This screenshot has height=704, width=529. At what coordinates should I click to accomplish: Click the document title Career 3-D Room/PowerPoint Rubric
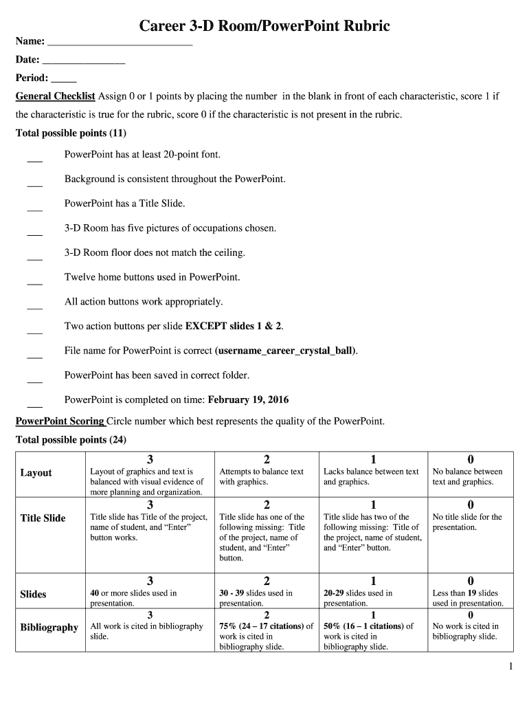point(264,26)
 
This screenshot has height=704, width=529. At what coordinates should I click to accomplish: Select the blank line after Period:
point(64,80)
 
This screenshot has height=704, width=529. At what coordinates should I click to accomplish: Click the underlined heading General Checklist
point(55,96)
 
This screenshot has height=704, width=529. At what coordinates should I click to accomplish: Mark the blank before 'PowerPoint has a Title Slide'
point(34,209)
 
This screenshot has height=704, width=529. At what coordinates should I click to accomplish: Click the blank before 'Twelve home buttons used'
point(34,283)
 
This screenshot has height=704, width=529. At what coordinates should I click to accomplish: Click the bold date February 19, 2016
point(248,399)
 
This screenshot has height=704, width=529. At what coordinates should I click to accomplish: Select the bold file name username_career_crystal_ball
point(285,351)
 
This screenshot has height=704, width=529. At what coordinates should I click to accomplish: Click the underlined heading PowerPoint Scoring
point(60,421)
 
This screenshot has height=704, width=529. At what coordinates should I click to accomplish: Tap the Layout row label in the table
point(36,473)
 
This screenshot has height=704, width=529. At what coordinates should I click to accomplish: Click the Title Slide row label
point(43,518)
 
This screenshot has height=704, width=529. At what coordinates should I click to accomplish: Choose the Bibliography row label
point(49,628)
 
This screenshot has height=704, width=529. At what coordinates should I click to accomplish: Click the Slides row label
point(33,594)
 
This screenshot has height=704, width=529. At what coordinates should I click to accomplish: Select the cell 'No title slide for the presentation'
point(467,522)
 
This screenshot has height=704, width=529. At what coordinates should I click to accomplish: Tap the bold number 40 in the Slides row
point(95,593)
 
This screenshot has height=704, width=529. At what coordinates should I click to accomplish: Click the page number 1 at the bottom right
point(510,665)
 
